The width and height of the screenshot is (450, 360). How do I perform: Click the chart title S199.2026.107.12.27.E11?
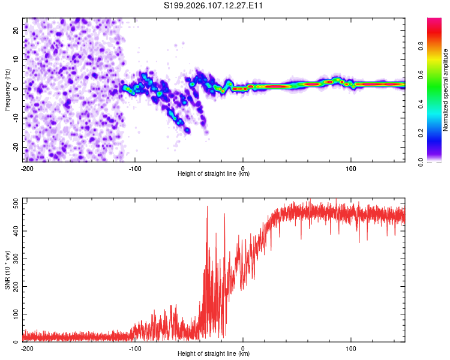214,5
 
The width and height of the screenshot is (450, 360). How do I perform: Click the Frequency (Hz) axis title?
7,89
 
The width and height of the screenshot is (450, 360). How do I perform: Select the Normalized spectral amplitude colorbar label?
446,91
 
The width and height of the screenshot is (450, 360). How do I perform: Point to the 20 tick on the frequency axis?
17,29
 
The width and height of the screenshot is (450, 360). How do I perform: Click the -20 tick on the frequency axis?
16,148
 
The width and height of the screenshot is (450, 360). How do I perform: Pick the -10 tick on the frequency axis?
16,118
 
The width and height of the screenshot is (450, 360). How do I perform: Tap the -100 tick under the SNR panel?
135,348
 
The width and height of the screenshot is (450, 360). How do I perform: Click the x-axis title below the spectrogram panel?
214,174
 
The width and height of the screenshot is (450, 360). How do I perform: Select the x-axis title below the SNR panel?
214,354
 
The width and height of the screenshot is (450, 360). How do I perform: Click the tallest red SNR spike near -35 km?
207,208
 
